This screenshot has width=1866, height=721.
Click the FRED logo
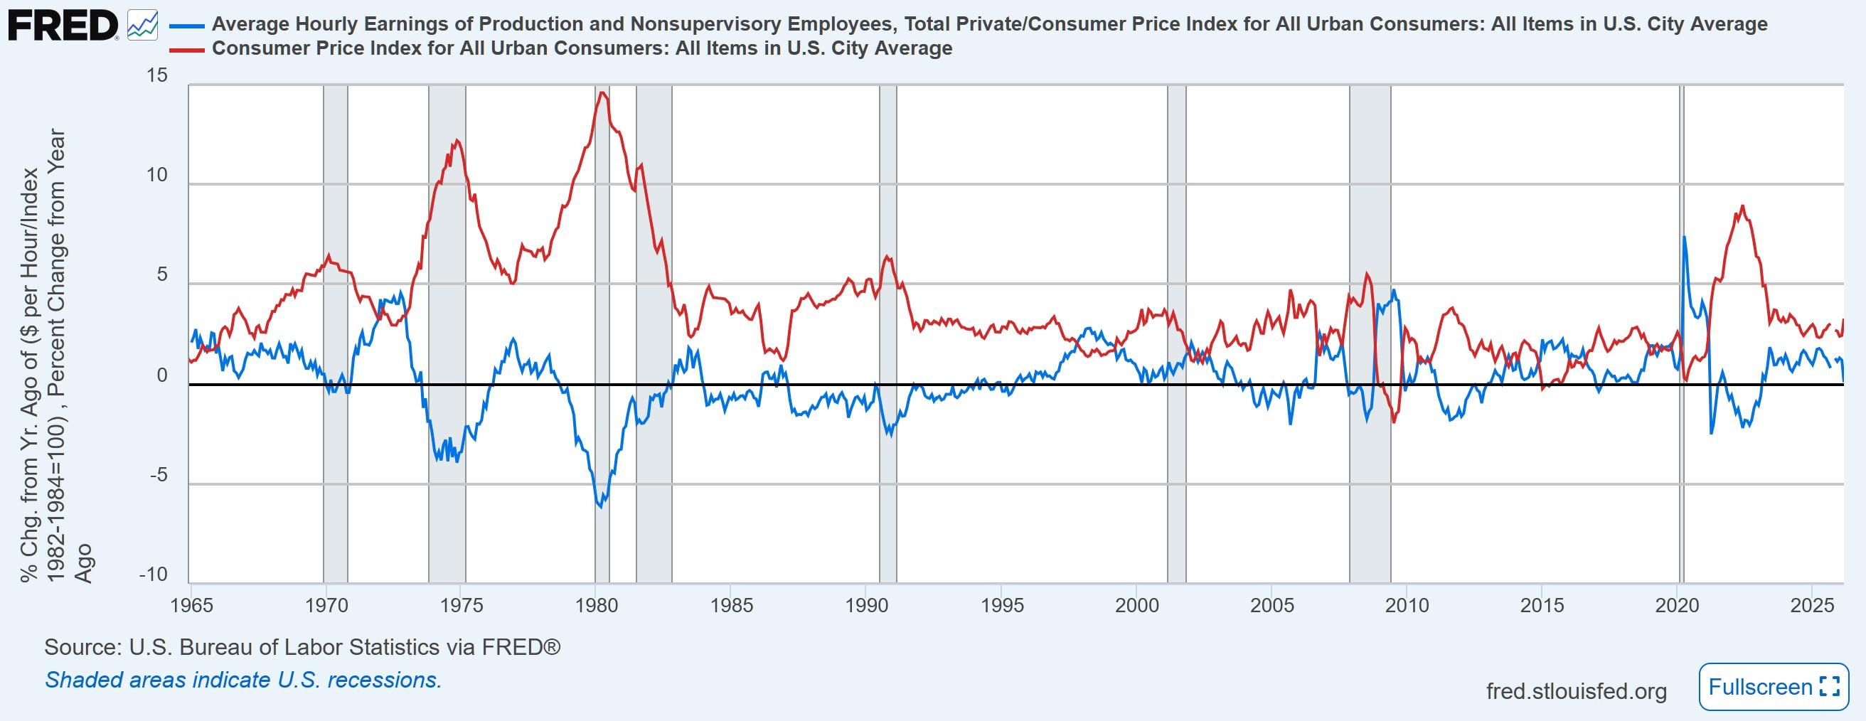[63, 26]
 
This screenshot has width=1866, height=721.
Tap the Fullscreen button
[1774, 686]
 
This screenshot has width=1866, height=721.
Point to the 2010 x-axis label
[1407, 605]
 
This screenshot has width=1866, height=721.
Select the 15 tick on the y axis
[157, 75]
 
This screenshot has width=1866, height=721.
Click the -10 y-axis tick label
[153, 575]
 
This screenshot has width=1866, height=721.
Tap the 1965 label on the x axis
[192, 605]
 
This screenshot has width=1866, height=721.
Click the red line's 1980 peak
[601, 92]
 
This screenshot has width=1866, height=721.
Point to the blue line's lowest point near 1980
[599, 506]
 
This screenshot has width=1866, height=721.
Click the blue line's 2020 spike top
[1683, 237]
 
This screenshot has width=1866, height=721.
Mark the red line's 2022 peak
[1742, 205]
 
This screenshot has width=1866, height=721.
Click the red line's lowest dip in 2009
[1393, 422]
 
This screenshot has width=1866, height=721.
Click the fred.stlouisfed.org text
[1577, 691]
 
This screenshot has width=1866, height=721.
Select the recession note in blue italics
[243, 680]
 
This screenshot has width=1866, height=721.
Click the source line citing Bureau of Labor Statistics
[302, 647]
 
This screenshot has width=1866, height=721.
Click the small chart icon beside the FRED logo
[142, 26]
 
